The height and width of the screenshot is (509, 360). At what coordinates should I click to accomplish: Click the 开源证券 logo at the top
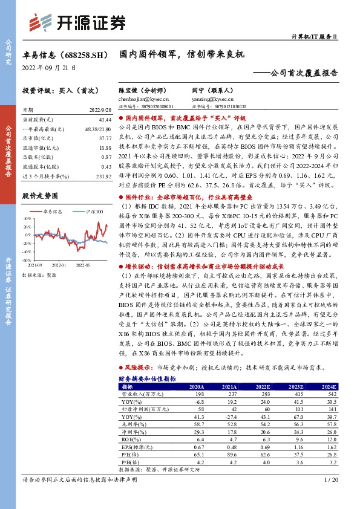point(78,22)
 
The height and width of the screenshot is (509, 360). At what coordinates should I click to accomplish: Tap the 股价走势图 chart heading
point(40,196)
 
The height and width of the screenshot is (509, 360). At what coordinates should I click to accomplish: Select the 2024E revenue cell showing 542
point(327,394)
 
